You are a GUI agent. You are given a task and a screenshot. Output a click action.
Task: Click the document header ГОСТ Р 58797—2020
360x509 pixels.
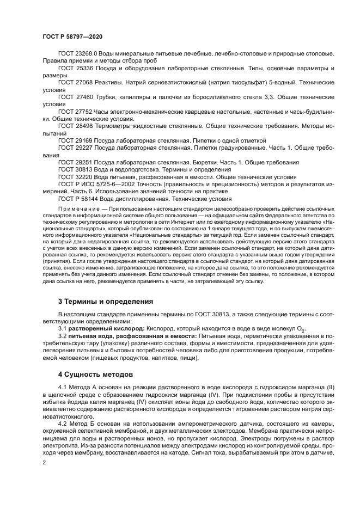point(72,36)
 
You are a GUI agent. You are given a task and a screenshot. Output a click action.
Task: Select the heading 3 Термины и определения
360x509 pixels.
point(105,301)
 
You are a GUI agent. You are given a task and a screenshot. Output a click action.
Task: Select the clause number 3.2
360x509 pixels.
point(62,336)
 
